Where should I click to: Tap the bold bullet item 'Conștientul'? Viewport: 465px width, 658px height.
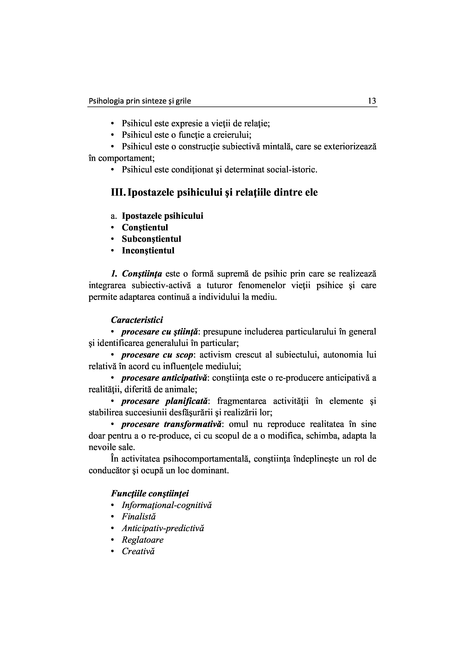[145, 227]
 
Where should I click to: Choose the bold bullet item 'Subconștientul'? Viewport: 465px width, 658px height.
[151, 239]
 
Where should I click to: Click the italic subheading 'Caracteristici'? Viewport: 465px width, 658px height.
[137, 320]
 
